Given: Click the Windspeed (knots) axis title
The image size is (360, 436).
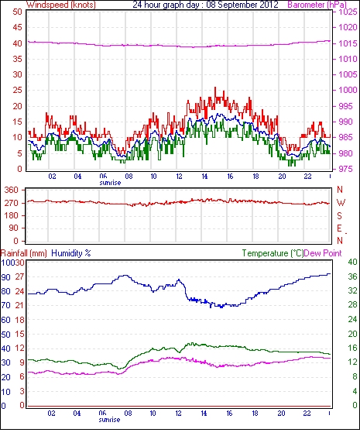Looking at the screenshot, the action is pyautogui.click(x=61, y=5).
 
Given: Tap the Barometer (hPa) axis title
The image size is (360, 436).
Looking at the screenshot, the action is pyautogui.click(x=317, y=5).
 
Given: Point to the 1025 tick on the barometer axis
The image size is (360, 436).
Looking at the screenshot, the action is pyautogui.click(x=348, y=12).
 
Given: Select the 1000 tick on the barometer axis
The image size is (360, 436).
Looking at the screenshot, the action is pyautogui.click(x=348, y=90).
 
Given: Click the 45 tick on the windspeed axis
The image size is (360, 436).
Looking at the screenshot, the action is pyautogui.click(x=17, y=27).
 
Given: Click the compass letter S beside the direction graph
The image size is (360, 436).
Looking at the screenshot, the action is pyautogui.click(x=339, y=215).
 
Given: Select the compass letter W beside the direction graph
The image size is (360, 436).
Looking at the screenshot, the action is pyautogui.click(x=341, y=203).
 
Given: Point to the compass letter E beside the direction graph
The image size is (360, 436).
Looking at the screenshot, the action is pyautogui.click(x=339, y=228).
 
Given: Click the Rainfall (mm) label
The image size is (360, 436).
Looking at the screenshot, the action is pyautogui.click(x=24, y=253).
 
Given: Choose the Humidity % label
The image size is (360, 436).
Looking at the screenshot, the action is pyautogui.click(x=71, y=253).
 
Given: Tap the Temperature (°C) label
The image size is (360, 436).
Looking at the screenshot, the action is pyautogui.click(x=273, y=253).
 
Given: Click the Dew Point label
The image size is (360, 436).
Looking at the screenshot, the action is pyautogui.click(x=323, y=253).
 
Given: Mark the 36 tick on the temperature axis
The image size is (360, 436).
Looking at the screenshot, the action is pyautogui.click(x=352, y=276).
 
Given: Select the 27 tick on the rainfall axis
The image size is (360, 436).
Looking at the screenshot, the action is pyautogui.click(x=19, y=277).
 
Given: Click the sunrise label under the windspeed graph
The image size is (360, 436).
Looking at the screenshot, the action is pyautogui.click(x=111, y=183).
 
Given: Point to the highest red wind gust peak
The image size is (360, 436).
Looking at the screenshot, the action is pyautogui.click(x=215, y=88).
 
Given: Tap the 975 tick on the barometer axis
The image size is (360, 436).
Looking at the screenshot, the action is pyautogui.click(x=348, y=169).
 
